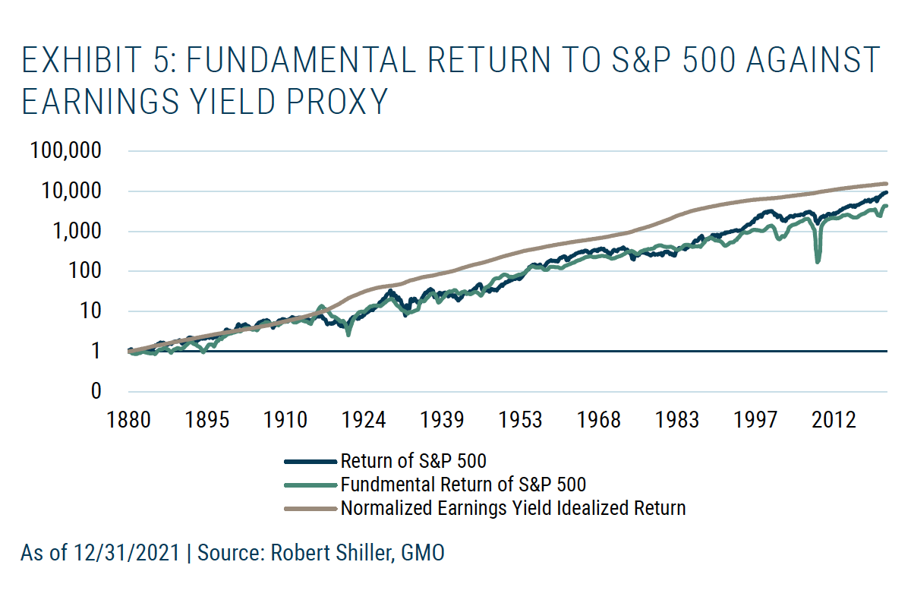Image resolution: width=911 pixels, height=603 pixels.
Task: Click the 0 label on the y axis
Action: pos(96,391)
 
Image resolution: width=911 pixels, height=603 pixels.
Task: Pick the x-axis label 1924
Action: pos(365,420)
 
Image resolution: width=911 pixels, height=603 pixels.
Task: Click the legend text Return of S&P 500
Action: pos(414,461)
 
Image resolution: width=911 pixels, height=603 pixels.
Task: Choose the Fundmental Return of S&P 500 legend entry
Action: pos(463,485)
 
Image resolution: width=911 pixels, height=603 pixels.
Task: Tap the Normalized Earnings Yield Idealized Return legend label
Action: pos(513,508)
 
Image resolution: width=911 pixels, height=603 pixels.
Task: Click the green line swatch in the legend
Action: pos(309,485)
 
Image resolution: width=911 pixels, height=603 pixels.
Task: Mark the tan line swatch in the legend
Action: pos(309,508)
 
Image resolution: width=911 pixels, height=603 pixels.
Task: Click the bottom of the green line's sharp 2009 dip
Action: pos(818,262)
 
